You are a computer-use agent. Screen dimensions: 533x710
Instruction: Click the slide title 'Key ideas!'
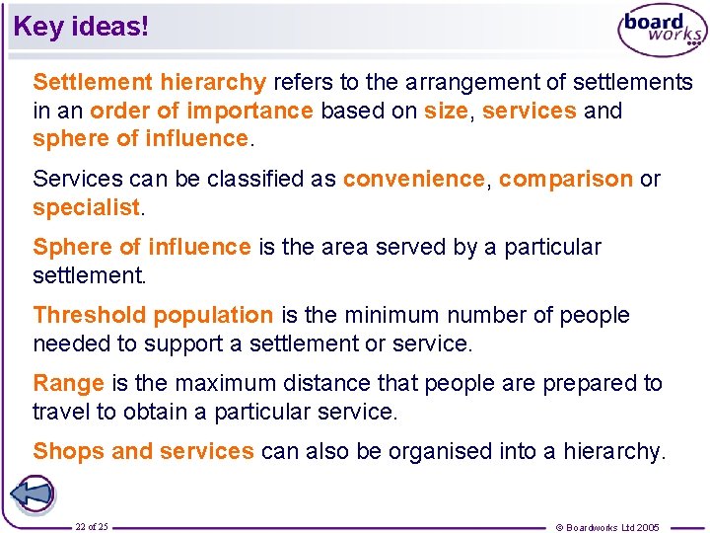[x=81, y=27]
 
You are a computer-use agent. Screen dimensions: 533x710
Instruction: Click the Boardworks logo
[x=662, y=32]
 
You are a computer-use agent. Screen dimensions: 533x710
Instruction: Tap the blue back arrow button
[x=32, y=494]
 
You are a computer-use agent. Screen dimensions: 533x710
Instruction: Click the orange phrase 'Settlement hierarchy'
[x=149, y=82]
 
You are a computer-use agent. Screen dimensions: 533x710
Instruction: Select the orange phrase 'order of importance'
[x=201, y=111]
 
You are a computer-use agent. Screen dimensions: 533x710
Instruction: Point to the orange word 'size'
[x=446, y=111]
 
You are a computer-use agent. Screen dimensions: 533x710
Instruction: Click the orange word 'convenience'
[x=413, y=180]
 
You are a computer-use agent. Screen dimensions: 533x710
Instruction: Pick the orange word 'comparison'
[x=565, y=180]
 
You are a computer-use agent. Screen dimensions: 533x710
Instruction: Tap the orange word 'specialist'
[x=87, y=208]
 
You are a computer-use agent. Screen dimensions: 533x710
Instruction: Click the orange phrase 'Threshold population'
[x=153, y=316]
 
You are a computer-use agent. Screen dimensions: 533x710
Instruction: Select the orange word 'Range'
[x=68, y=383]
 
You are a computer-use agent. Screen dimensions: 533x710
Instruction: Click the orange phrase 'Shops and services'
[x=143, y=452]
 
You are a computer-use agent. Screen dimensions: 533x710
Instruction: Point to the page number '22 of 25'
[x=92, y=526]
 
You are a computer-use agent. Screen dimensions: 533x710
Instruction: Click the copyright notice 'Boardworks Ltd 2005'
[x=607, y=527]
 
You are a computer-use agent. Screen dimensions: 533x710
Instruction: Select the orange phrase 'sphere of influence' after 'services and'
[x=141, y=139]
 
